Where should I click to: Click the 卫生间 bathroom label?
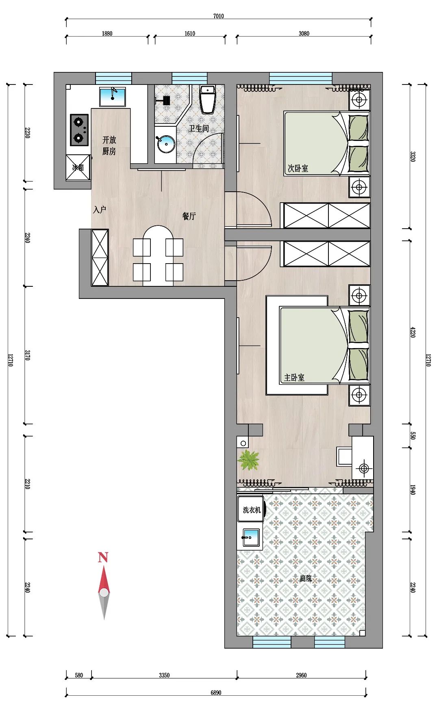tap(199, 129)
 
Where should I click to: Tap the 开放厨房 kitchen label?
tap(109, 145)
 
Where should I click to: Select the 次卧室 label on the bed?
tap(298, 168)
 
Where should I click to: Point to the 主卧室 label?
tap(294, 378)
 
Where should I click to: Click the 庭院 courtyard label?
tap(306, 578)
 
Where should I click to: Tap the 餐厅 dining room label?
tap(189, 216)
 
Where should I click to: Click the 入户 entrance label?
tap(100, 210)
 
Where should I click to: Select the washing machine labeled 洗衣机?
tap(252, 509)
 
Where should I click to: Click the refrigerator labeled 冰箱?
tap(78, 167)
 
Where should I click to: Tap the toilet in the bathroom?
tap(208, 100)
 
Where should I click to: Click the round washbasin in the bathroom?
tap(165, 144)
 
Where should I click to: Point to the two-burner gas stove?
tap(79, 130)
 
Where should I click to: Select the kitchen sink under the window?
tap(113, 97)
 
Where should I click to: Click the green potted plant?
tap(248, 460)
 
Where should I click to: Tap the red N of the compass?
tap(103, 557)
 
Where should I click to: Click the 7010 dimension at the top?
tap(218, 16)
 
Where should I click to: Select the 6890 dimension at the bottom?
tap(216, 693)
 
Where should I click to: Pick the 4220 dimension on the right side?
tap(413, 332)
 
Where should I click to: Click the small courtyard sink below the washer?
tap(250, 538)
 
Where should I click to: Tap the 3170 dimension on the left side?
tap(27, 355)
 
